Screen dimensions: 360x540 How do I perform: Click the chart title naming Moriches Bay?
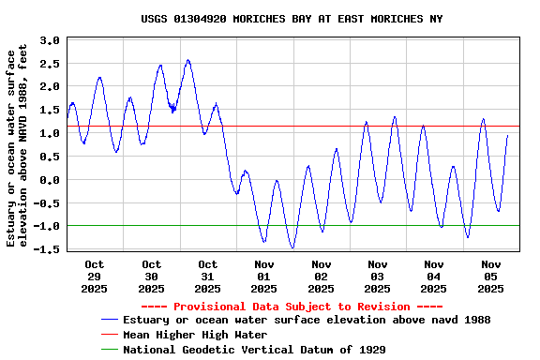[292, 19]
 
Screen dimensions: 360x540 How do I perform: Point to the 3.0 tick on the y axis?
[50, 41]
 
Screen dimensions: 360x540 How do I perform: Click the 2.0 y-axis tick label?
[50, 87]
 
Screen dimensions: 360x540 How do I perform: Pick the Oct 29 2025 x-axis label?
[95, 277]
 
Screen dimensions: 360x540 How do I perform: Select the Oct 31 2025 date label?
[208, 277]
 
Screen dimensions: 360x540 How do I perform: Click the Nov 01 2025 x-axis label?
[264, 277]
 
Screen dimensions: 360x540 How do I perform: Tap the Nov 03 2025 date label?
[378, 277]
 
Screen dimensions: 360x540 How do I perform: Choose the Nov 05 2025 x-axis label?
[490, 277]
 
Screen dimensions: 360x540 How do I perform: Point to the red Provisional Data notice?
[292, 307]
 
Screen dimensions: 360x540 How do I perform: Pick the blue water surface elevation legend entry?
[307, 320]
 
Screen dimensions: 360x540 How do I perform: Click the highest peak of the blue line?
[188, 61]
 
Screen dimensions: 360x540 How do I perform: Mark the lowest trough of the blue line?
[292, 247]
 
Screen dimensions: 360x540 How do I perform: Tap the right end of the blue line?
[508, 135]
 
